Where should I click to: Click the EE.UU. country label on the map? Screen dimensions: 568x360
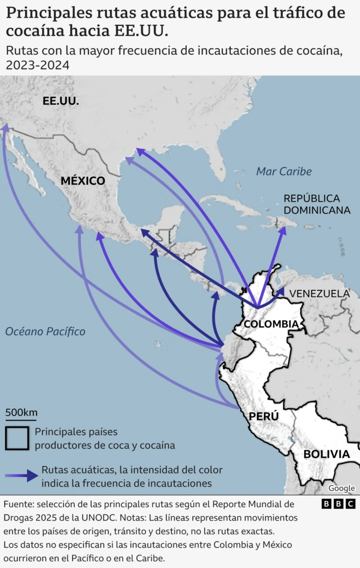(x=61, y=101)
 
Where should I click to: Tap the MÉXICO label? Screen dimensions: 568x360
(x=83, y=181)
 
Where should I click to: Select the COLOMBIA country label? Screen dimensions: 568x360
(x=271, y=324)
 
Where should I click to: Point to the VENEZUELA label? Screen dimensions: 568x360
(x=319, y=293)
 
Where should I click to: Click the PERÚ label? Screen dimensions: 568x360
(x=264, y=417)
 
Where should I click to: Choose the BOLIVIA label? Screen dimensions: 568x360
(x=326, y=454)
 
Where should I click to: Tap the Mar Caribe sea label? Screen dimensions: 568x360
(x=283, y=171)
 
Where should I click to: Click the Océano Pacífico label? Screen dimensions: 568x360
(x=45, y=332)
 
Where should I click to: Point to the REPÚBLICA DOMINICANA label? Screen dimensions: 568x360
(x=317, y=204)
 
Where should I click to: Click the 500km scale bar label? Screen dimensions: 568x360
(x=21, y=412)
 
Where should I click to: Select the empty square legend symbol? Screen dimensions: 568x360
(x=17, y=438)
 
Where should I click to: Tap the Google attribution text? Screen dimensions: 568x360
(x=341, y=488)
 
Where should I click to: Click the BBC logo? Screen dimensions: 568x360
(x=338, y=504)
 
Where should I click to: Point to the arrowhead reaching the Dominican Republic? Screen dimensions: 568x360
(x=283, y=231)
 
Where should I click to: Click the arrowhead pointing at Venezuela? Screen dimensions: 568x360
(x=280, y=291)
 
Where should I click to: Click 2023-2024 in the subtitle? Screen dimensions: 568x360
(x=38, y=65)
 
